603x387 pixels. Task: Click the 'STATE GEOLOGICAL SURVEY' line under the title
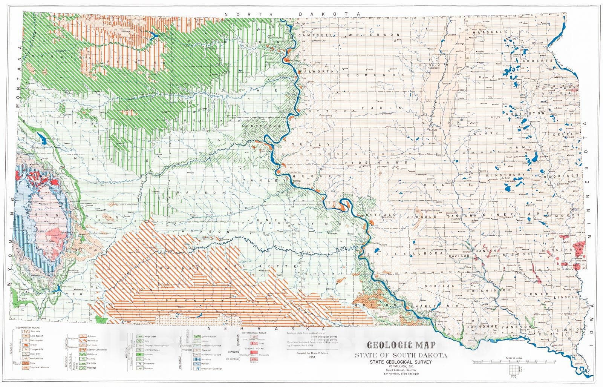399,362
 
